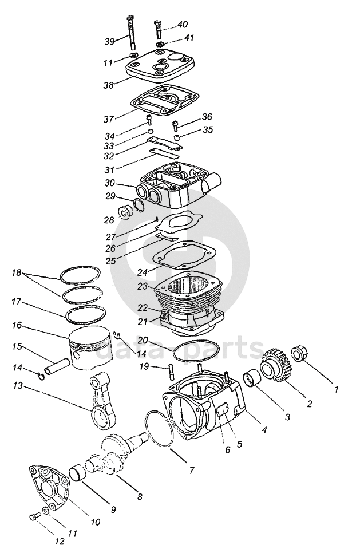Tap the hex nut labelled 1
click(x=302, y=353)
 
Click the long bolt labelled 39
click(x=132, y=33)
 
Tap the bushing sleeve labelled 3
click(x=252, y=378)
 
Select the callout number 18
click(x=17, y=273)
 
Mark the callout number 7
click(x=192, y=471)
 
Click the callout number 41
click(x=189, y=38)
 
